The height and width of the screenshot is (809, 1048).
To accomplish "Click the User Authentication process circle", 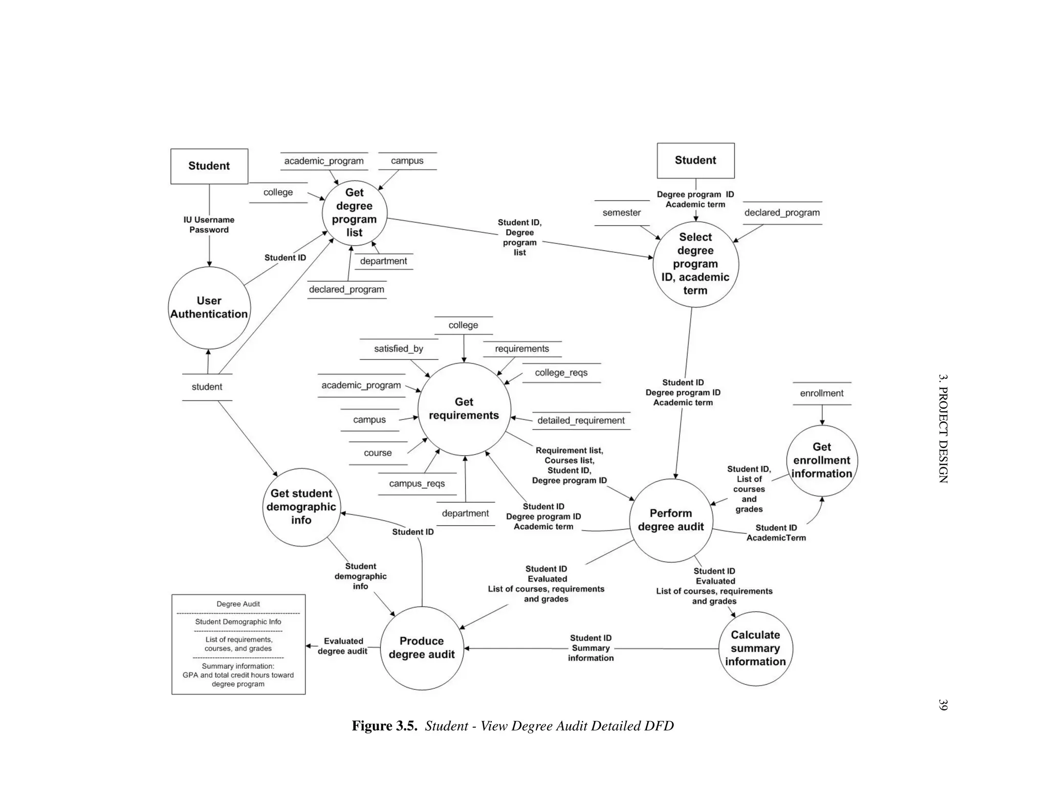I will pyautogui.click(x=209, y=307).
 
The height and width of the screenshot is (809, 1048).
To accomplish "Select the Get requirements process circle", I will pyautogui.click(x=464, y=409).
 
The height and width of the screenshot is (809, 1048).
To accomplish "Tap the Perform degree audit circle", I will pyautogui.click(x=670, y=520).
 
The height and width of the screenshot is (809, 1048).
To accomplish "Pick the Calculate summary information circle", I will pyautogui.click(x=755, y=648).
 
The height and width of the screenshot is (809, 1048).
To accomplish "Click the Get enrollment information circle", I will pyautogui.click(x=821, y=460).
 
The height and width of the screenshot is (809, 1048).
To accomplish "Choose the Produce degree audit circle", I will pyautogui.click(x=422, y=648).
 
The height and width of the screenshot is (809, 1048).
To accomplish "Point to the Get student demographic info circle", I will pyautogui.click(x=301, y=507).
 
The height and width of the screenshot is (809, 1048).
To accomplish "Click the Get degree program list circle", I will pyautogui.click(x=354, y=213).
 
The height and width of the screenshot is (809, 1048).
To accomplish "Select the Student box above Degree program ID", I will pyautogui.click(x=695, y=161).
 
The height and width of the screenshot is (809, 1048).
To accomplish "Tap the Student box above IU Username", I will pyautogui.click(x=209, y=166).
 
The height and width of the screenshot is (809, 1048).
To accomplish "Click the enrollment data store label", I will pyautogui.click(x=821, y=393).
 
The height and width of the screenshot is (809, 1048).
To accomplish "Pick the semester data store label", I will pyautogui.click(x=621, y=213).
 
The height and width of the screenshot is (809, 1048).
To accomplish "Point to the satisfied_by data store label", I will pyautogui.click(x=398, y=349).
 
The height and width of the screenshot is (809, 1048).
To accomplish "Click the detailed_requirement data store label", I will pyautogui.click(x=581, y=420).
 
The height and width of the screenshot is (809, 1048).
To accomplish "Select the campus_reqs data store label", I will pyautogui.click(x=417, y=484).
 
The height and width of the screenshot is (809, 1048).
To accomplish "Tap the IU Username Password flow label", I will pyautogui.click(x=209, y=224).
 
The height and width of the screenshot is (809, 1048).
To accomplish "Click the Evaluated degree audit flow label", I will pyautogui.click(x=343, y=646).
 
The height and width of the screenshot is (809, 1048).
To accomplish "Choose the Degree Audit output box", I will pyautogui.click(x=238, y=644).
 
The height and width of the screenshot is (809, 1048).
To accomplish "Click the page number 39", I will pyautogui.click(x=943, y=704).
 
